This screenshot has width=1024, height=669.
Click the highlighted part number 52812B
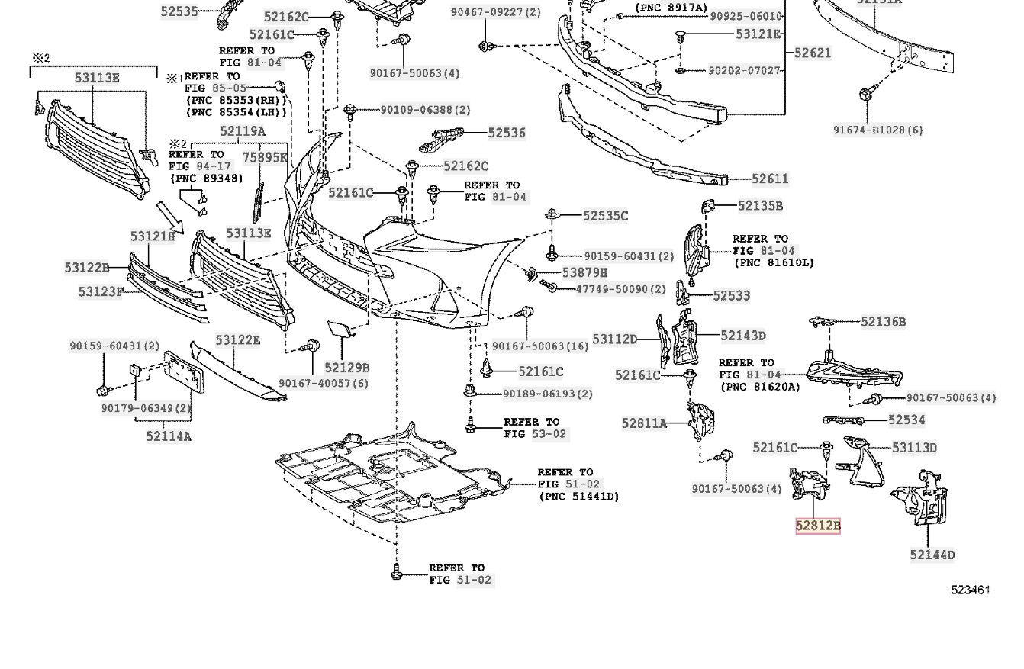point(817,526)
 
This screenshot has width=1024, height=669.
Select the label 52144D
point(932,555)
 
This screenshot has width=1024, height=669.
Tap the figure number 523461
point(970,590)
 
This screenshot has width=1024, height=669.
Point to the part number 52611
point(770,179)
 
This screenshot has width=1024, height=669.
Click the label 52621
point(813,53)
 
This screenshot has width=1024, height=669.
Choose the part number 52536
point(507,133)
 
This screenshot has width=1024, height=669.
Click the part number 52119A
point(243,131)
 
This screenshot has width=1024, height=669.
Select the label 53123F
point(100,291)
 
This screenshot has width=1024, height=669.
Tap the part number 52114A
point(169,436)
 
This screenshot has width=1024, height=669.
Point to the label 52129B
point(346,368)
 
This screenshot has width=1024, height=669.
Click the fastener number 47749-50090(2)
point(620,289)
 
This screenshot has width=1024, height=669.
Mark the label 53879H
point(584,272)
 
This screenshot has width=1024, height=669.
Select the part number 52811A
point(644,423)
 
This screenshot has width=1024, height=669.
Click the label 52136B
point(883,322)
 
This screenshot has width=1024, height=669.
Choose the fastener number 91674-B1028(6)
point(877,130)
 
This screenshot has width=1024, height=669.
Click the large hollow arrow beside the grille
point(169,217)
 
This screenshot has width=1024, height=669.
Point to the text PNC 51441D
point(579,497)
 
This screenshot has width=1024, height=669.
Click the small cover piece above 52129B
point(337,329)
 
